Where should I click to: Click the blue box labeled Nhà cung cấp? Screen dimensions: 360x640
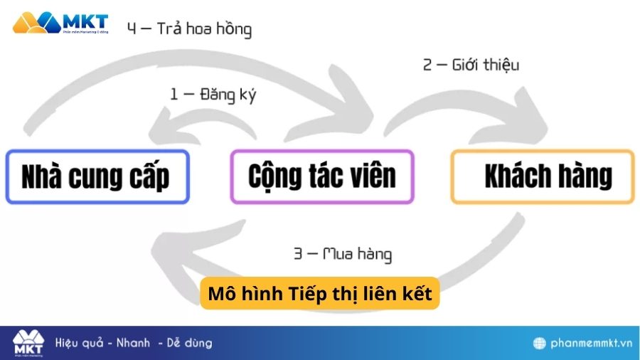coord(97,176)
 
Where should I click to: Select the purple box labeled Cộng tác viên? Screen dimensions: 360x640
coord(322,176)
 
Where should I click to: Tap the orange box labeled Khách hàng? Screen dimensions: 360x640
coord(543,176)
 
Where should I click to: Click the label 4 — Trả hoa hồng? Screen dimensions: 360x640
coord(190,30)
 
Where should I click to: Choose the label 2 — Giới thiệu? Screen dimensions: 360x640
coord(471,65)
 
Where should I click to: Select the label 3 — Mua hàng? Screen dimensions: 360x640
coord(343,253)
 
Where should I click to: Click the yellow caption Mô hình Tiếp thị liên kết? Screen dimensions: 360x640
coord(320,294)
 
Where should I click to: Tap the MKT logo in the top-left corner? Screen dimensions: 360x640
coord(60,22)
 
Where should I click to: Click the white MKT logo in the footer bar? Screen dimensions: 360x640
coord(28,343)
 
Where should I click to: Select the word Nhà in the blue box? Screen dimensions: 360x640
coord(43,176)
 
